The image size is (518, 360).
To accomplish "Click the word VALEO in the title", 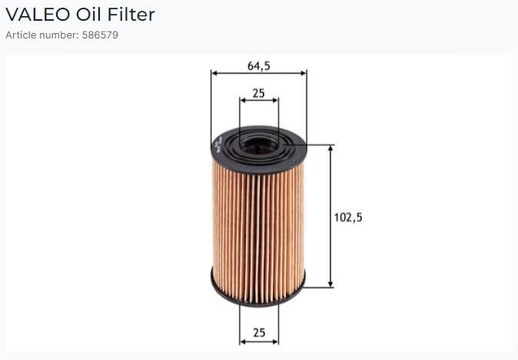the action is coord(38,15).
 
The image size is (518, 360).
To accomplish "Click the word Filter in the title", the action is coord(131,15).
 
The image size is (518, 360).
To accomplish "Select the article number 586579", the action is coord(100,35).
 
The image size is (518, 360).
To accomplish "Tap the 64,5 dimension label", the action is coord(259,66).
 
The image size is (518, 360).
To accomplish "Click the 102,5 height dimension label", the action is coord(348,217).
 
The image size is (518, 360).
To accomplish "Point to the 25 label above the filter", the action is coord(259,93).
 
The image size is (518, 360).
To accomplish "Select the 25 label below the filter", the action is coord(259,332).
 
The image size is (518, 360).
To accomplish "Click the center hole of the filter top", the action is coord(259,146).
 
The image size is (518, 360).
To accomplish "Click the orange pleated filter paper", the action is coord(258,232).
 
